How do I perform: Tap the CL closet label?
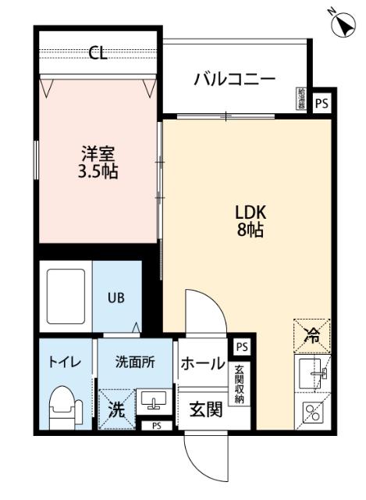[x=98, y=53]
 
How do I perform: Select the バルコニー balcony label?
[x=234, y=79]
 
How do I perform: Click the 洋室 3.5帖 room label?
[x=98, y=162]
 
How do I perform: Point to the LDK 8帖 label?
[x=251, y=220]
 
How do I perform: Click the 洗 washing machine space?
[x=115, y=407]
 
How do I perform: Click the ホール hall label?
[x=202, y=364]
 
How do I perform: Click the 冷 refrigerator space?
[x=311, y=337]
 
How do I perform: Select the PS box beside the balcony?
[x=321, y=102]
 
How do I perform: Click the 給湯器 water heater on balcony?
[x=302, y=98]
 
